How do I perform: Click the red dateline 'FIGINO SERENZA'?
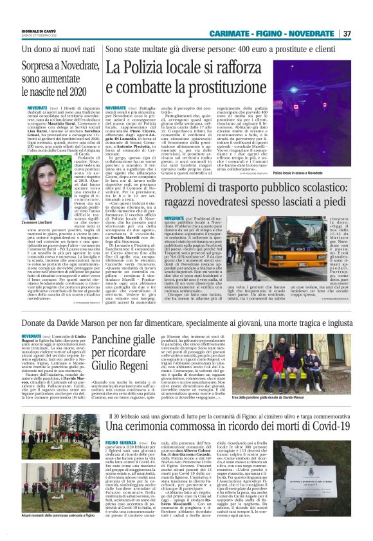tap(120, 443)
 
